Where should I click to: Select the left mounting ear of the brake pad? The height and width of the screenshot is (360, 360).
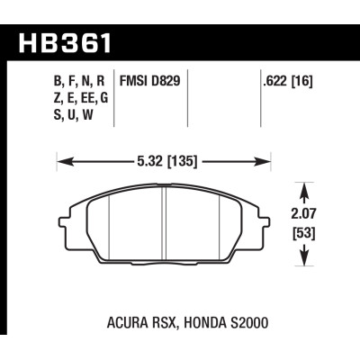[63, 221]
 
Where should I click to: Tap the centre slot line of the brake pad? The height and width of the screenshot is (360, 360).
[166, 225]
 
